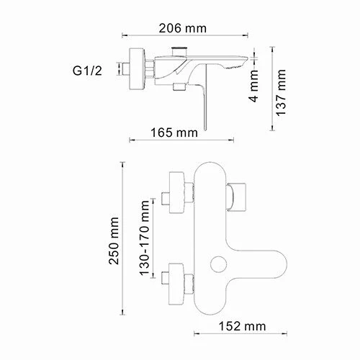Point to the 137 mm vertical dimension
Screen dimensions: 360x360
(282, 90)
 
